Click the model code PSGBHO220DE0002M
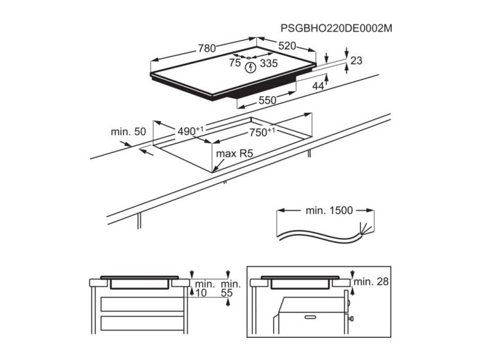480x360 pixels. click(x=337, y=28)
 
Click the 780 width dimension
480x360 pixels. click(x=207, y=49)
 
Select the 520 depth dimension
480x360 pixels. click(x=287, y=46)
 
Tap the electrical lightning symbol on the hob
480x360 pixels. click(x=251, y=67)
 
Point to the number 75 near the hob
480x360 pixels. click(x=235, y=63)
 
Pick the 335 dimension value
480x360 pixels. click(x=269, y=64)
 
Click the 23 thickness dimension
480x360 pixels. click(x=356, y=61)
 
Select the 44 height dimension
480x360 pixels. click(x=318, y=86)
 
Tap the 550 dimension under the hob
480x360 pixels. click(x=268, y=100)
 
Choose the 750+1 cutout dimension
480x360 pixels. click(x=262, y=132)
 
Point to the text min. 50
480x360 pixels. click(x=128, y=131)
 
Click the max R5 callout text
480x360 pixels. click(x=235, y=154)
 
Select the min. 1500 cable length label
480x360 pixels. click(x=329, y=211)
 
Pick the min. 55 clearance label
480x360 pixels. click(x=231, y=289)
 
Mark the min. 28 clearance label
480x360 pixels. click(x=371, y=281)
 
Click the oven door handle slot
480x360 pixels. click(x=310, y=317)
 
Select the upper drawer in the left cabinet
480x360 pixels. click(x=142, y=304)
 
